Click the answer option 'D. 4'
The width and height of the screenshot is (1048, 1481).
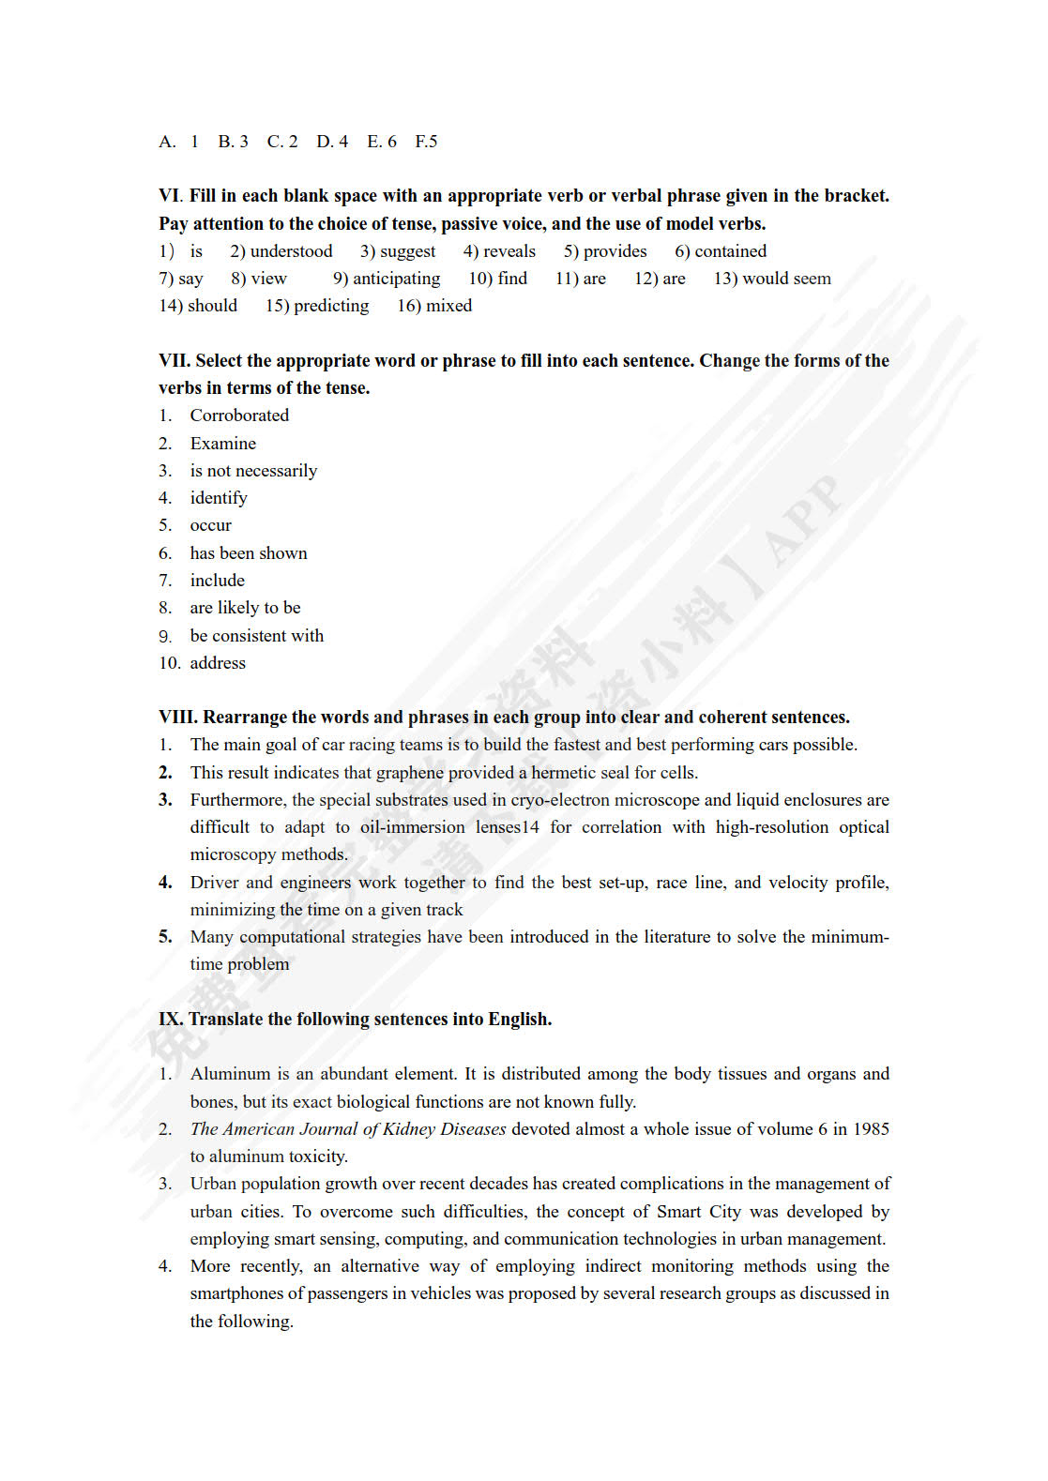pos(332,142)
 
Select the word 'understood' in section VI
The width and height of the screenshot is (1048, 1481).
pos(291,251)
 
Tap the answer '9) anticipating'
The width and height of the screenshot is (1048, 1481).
pos(387,279)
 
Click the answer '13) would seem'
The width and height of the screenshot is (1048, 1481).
pos(772,279)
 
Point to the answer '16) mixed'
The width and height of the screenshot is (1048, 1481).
pos(434,306)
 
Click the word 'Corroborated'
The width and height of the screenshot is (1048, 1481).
pos(239,416)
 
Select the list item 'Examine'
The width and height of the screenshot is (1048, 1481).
pos(222,444)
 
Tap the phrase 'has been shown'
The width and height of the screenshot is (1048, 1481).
pos(249,553)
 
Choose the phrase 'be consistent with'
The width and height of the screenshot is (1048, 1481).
pos(256,636)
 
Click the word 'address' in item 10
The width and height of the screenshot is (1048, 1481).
pos(218,663)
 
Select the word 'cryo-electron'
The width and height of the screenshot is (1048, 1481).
pos(557,800)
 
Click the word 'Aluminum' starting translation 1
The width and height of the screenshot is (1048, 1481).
pos(230,1074)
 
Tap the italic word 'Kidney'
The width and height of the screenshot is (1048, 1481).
pos(409,1129)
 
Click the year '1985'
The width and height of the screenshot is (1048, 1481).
pos(871,1129)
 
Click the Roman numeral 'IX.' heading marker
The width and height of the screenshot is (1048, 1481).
pos(171,1020)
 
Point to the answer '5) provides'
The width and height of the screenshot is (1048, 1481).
pos(605,251)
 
